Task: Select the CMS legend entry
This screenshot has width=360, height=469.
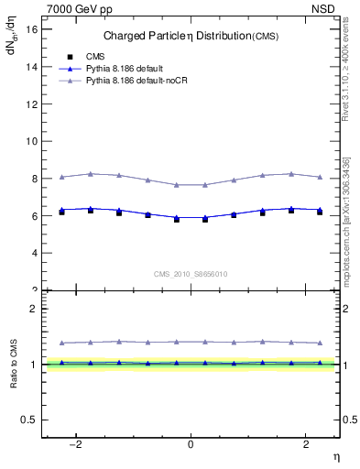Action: [x=95, y=57]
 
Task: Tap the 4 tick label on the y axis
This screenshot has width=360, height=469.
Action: [x=34, y=253]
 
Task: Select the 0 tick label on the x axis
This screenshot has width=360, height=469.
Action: [x=191, y=444]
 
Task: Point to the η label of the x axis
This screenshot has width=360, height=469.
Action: [x=335, y=455]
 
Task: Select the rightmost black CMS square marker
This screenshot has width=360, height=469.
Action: [x=320, y=212]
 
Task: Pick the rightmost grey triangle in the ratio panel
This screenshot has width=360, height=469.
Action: [x=320, y=343]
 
